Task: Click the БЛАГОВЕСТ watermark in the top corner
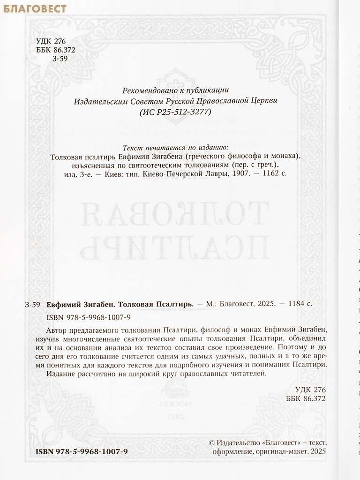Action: (x=33, y=8)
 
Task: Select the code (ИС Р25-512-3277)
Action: (x=176, y=112)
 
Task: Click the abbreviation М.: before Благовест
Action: (x=211, y=304)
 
